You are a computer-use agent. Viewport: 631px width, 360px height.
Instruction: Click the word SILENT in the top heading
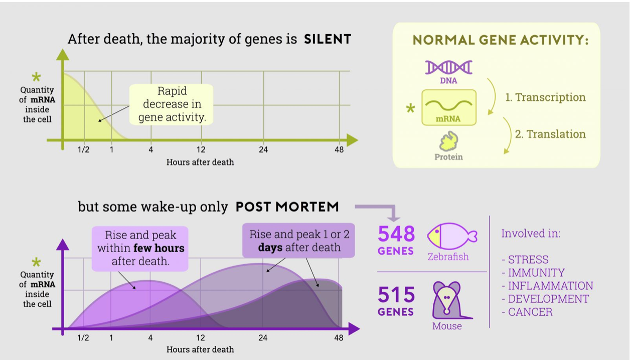pos(327,39)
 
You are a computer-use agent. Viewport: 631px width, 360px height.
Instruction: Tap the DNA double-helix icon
pos(448,67)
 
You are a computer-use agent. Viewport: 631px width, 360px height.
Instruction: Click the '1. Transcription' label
pos(545,97)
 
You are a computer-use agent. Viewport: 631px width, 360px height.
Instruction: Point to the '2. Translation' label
pos(550,134)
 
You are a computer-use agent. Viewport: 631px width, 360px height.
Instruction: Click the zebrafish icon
pos(450,236)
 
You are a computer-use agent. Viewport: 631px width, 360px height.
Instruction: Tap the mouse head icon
pos(446,299)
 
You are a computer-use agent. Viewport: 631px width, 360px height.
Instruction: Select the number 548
pos(396,234)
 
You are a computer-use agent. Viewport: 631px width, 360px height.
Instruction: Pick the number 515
pos(396,295)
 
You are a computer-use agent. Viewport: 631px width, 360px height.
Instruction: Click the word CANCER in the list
pos(530,312)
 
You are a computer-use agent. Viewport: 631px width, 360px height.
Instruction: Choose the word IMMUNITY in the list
pos(536,273)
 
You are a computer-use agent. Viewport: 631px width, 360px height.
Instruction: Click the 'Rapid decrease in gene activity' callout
pos(172,104)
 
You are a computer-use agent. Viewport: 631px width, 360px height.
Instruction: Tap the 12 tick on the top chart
pos(201,149)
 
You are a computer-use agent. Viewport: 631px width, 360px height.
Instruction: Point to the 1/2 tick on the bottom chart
pos(83,337)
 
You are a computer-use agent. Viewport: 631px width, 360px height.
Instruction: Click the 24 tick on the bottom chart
pos(263,337)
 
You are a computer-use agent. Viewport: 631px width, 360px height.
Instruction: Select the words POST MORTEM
pos(287,207)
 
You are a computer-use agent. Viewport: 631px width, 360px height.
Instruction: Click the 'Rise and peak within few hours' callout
pos(140,248)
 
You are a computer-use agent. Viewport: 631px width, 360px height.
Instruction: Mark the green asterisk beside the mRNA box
pos(410,108)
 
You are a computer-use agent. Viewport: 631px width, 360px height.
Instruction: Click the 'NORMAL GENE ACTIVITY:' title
pos(500,40)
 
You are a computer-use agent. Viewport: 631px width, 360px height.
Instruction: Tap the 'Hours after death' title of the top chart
pos(200,162)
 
